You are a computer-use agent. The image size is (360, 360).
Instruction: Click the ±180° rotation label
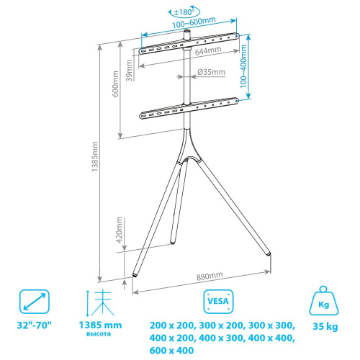point(184,12)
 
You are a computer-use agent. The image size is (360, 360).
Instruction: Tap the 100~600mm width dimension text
point(194,22)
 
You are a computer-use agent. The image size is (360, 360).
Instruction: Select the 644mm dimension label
point(208,50)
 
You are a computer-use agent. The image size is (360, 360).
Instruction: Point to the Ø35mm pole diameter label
point(211,72)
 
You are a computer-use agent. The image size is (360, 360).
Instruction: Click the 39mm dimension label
point(129,71)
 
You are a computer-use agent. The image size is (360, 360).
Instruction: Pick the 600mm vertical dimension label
point(115,84)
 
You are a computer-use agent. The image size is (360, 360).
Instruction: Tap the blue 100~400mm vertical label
point(243,66)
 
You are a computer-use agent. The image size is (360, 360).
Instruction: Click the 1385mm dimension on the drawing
point(95,156)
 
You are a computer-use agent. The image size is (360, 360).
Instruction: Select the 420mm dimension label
point(120,230)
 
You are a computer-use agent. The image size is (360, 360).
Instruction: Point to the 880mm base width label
point(210,276)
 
